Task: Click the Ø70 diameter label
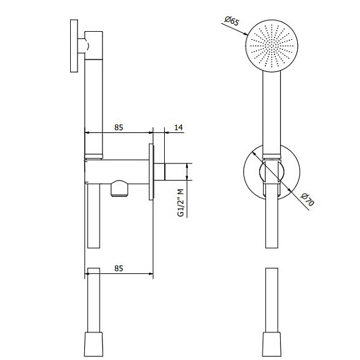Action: [x=308, y=200]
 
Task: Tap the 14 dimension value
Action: [x=178, y=127]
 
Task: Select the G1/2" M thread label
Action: [x=181, y=203]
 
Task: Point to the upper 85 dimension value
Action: [x=119, y=128]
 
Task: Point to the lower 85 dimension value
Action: [x=119, y=268]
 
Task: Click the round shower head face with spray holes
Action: [x=272, y=46]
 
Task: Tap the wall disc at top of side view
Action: [x=74, y=46]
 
